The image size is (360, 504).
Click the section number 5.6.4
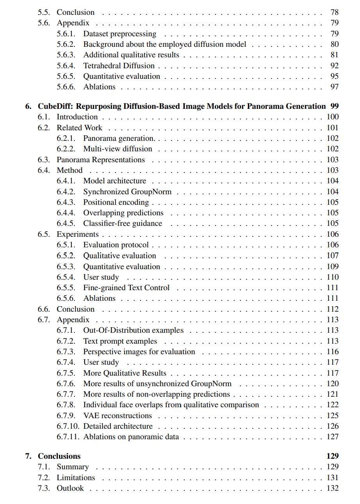66,66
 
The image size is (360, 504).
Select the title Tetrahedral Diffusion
119,66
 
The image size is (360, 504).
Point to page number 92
334,66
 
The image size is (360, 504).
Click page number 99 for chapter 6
334,106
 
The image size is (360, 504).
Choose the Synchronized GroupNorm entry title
127,192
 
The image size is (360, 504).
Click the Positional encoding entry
116,202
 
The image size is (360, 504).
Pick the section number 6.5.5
66,287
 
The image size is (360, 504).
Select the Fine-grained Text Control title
126,287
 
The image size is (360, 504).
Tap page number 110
333,277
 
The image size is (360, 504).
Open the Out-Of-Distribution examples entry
133,330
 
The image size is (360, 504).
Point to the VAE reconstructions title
118,415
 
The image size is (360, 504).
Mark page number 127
333,437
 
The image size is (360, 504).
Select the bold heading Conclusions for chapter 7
59,456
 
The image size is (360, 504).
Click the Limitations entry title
76,477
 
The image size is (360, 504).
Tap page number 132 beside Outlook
333,488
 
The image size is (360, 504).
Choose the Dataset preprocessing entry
119,34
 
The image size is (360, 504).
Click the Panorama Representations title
101,160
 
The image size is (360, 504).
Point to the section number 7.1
44,467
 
